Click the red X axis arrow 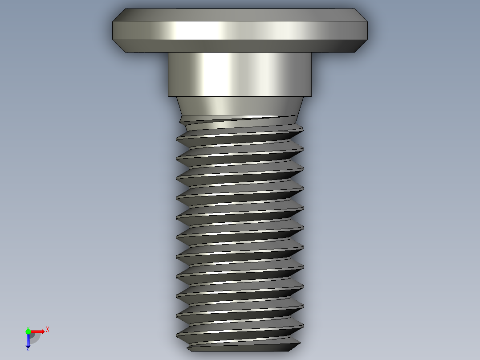click(x=38, y=331)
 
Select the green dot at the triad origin click(x=28, y=331)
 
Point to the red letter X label click(x=47, y=329)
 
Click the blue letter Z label click(x=28, y=350)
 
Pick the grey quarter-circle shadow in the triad click(x=34, y=337)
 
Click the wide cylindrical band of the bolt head click(x=240, y=30)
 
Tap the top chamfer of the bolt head click(x=240, y=15)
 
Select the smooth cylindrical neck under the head click(x=240, y=74)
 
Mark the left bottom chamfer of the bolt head click(x=120, y=46)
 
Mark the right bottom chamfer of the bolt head click(x=360, y=46)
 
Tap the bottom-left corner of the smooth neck click(x=168, y=96)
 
